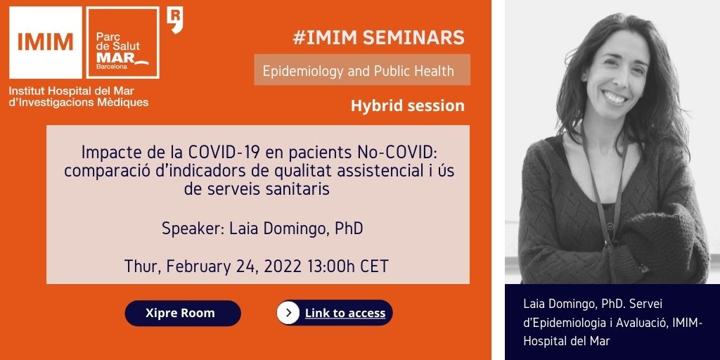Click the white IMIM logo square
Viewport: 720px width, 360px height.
click(46, 43)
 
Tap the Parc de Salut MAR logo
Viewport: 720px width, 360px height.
click(122, 43)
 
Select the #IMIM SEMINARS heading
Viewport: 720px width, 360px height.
click(379, 38)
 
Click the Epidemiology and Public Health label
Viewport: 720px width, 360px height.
click(359, 71)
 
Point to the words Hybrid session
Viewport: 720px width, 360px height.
click(408, 105)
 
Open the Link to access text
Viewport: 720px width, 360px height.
click(345, 313)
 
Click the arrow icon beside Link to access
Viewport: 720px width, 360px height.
click(288, 313)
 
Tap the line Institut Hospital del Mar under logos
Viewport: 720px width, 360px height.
click(72, 91)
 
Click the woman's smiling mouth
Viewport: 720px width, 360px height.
click(615, 97)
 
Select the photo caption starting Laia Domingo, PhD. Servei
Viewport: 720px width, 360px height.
click(613, 322)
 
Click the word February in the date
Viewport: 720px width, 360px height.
click(200, 266)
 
